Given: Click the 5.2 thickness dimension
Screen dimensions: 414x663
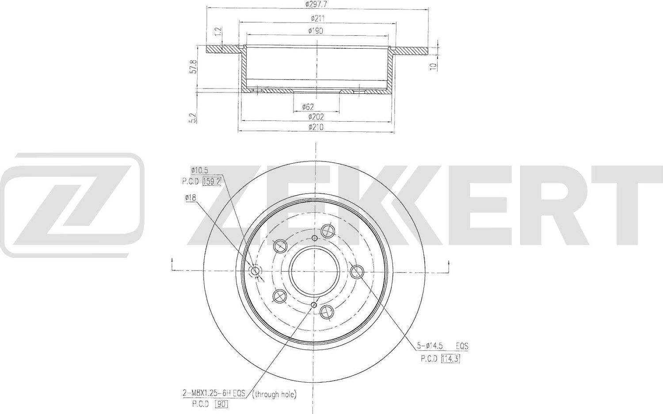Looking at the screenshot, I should point(192,118).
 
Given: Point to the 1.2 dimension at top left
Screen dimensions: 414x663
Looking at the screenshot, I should point(217,32).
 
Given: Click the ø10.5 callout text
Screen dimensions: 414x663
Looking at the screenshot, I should point(199,170).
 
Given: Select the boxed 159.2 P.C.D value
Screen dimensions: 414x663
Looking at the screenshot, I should point(211,181).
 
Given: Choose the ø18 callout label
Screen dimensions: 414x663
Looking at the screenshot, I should point(191,199).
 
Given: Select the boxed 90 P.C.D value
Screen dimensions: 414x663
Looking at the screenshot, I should point(221,403).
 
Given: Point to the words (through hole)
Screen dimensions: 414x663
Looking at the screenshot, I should point(274,394).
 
